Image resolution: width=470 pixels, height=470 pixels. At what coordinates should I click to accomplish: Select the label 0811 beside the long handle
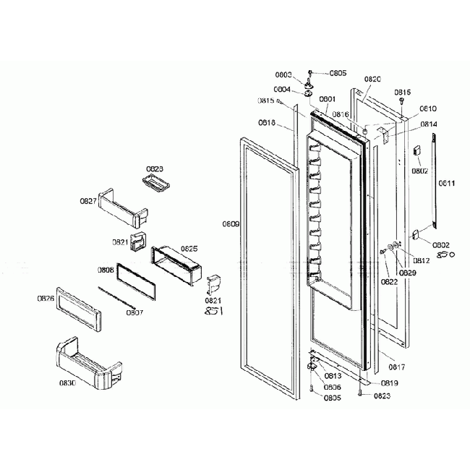[446, 184]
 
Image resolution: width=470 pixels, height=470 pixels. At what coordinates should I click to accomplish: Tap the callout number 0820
[372, 79]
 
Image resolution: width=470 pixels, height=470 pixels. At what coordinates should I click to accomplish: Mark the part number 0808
[106, 270]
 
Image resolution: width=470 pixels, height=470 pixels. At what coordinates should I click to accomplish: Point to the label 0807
[134, 313]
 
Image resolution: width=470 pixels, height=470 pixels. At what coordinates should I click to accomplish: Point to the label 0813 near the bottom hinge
[333, 376]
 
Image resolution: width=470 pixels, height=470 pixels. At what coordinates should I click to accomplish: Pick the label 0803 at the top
[283, 74]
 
